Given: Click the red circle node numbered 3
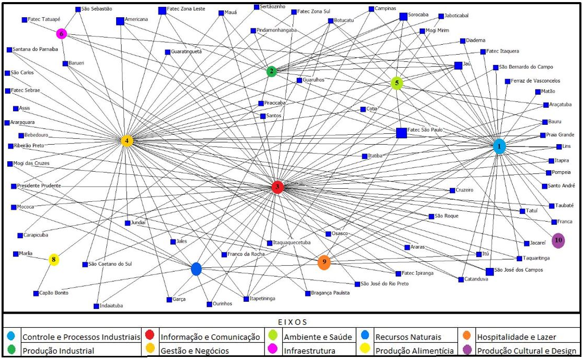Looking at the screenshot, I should [277, 187].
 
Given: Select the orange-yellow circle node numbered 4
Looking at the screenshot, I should [126, 141].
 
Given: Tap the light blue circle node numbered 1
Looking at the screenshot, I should [499, 147].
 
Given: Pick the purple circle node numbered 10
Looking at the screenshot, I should [559, 240].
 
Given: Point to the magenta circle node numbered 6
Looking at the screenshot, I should [62, 34].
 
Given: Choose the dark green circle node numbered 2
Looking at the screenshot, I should [271, 71].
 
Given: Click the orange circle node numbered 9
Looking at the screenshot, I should [324, 262].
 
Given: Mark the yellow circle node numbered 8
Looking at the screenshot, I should [54, 260].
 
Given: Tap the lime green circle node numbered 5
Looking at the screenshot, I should [397, 83].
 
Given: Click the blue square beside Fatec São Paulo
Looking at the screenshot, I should [401, 133].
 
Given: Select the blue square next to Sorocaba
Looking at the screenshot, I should [403, 17].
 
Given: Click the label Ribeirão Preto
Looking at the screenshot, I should [30, 146].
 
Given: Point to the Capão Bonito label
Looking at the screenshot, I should [54, 293].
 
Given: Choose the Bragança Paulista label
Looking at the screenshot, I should [331, 293].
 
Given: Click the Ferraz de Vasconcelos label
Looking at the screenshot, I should [536, 81].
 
